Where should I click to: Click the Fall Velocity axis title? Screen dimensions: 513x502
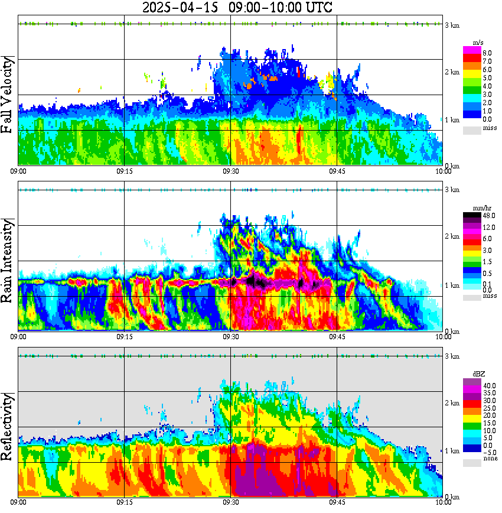click(x=9, y=96)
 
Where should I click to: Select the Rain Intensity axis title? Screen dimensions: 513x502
click(x=9, y=261)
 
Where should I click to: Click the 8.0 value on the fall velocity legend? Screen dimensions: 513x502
click(x=487, y=53)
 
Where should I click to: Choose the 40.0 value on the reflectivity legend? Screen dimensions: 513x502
click(x=487, y=386)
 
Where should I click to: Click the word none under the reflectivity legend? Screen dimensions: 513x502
click(x=490, y=459)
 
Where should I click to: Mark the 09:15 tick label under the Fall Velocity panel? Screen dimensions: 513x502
click(x=124, y=171)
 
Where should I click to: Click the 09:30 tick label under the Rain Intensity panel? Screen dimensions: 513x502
click(x=230, y=336)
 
